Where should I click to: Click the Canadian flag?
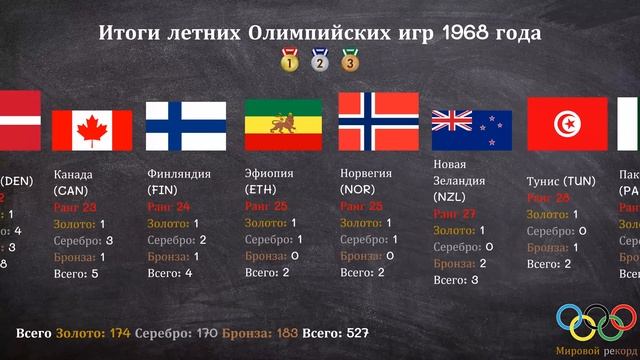[91, 131]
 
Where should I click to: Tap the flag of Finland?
[186, 125]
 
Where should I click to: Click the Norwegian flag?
[378, 120]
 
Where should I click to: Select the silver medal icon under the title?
[320, 62]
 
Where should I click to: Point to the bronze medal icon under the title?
[350, 62]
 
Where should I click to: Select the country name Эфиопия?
[269, 173]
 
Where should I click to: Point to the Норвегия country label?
[367, 173]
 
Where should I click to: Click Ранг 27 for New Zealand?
[455, 214]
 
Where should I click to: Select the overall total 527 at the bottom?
[355, 332]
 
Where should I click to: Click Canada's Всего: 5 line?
[77, 273]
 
